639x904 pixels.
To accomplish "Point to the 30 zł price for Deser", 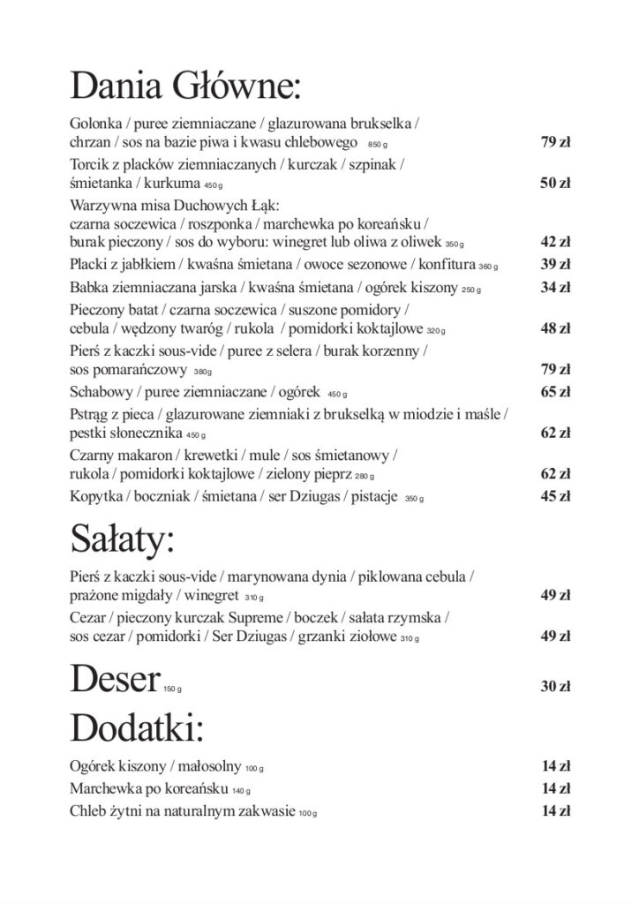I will [x=555, y=688].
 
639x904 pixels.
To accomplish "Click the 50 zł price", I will [x=555, y=184].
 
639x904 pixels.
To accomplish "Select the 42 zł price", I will [x=555, y=241].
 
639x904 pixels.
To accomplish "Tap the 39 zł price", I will [x=555, y=264].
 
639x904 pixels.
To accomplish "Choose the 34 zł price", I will [x=555, y=287].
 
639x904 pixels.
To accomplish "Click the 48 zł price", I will [x=555, y=328].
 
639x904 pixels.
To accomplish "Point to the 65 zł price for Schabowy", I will [x=555, y=391].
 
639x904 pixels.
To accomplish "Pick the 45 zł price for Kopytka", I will [x=555, y=495].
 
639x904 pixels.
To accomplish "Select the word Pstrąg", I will [x=89, y=414].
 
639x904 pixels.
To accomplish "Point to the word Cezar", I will [x=86, y=618].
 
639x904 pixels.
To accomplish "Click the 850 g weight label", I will [x=378, y=144].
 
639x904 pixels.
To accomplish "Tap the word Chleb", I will [x=87, y=810].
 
